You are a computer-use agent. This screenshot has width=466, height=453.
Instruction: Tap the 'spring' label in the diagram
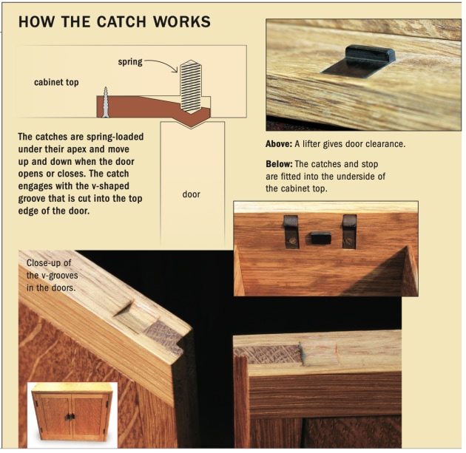click(x=130, y=62)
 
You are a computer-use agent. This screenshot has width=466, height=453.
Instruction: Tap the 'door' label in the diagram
click(x=192, y=195)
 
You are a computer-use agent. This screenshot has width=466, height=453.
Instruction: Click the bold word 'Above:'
click(x=280, y=144)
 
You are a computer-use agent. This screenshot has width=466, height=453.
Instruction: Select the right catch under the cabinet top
click(x=348, y=228)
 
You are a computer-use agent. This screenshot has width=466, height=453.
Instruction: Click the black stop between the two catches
click(x=320, y=238)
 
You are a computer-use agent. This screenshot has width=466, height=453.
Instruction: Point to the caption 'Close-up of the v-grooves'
click(x=51, y=274)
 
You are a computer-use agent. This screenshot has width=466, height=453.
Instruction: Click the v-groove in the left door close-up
click(x=137, y=317)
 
